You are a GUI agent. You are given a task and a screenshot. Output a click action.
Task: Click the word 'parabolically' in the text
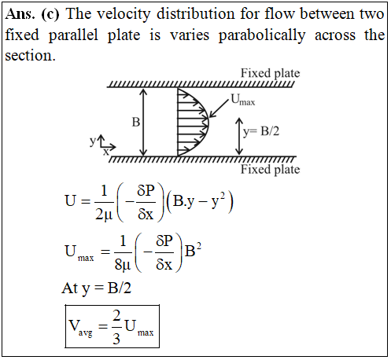262,35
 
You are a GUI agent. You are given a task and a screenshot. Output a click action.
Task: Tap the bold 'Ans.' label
20,14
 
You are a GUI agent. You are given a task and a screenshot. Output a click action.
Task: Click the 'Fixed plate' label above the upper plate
270,73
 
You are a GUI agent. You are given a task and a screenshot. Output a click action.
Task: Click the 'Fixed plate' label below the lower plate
270,169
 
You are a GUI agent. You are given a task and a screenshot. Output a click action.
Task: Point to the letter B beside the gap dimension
136,122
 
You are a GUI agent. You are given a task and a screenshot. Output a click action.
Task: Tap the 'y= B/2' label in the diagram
261,131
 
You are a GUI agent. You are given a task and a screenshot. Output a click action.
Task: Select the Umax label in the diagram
243,100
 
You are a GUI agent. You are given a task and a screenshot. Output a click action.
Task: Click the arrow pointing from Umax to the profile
219,108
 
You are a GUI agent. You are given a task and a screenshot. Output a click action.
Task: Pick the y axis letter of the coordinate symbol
93,141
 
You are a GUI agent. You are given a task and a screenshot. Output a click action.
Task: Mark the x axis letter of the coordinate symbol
105,152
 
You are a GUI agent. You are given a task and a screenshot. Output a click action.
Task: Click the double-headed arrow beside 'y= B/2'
239,136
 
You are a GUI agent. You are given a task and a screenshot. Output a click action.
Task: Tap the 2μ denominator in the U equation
104,215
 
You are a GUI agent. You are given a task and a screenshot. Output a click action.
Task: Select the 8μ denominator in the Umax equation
123,265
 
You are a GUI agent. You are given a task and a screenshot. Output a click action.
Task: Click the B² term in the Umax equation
193,250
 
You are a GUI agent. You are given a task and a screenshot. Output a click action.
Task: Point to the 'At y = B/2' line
96,288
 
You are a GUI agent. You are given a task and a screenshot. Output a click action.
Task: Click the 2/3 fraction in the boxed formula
116,327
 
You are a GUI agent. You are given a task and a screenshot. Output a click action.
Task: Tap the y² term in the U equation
218,201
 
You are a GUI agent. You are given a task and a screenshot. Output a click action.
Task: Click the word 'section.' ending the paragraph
31,56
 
